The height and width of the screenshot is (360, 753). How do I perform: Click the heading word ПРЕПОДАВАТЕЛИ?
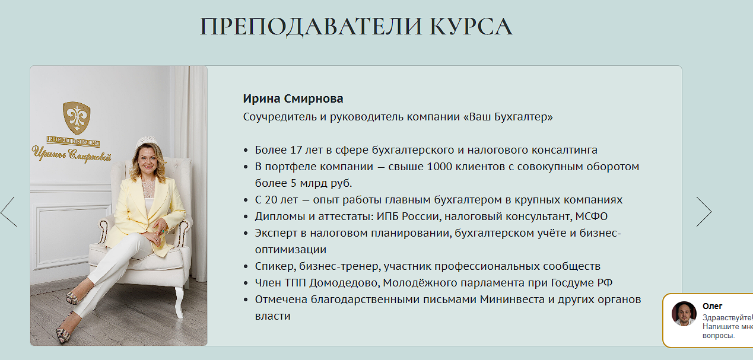click(x=311, y=27)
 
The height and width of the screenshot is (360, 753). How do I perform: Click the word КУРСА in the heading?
click(x=471, y=26)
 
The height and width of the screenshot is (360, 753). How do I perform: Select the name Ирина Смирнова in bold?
click(x=293, y=99)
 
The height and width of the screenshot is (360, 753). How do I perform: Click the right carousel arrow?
click(x=704, y=211)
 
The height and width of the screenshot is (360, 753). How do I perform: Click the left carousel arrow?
click(x=9, y=211)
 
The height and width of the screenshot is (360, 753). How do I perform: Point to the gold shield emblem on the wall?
click(x=77, y=118)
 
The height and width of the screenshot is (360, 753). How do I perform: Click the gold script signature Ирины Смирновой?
click(x=72, y=154)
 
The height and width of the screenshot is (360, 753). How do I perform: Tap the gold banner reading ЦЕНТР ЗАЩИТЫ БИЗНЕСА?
click(x=73, y=141)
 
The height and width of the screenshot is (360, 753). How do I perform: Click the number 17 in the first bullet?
click(x=296, y=150)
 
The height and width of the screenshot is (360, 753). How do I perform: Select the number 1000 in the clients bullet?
click(x=439, y=167)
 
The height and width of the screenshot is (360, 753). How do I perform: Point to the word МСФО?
click(x=592, y=216)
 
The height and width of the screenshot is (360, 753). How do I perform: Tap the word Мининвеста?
click(x=512, y=300)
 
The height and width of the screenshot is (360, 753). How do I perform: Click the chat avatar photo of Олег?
click(x=684, y=314)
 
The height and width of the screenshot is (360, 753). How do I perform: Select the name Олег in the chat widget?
click(x=712, y=306)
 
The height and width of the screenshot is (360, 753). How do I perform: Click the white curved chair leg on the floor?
click(x=179, y=301)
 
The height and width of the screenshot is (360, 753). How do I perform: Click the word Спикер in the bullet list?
click(x=275, y=266)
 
